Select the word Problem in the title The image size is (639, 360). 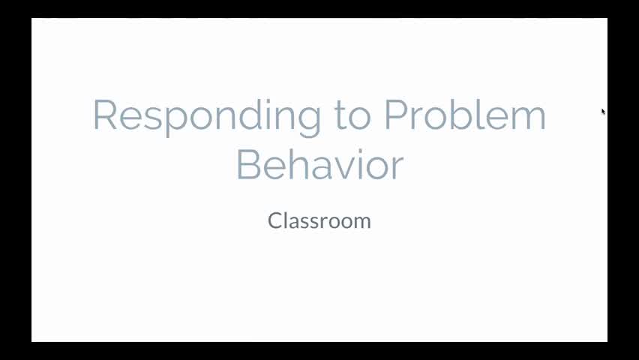465,116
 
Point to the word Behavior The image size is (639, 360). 320,165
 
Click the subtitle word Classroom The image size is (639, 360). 319,220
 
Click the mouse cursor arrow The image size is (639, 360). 603,112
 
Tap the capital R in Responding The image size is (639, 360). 105,116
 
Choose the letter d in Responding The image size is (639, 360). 245,116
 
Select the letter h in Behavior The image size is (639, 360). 298,165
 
